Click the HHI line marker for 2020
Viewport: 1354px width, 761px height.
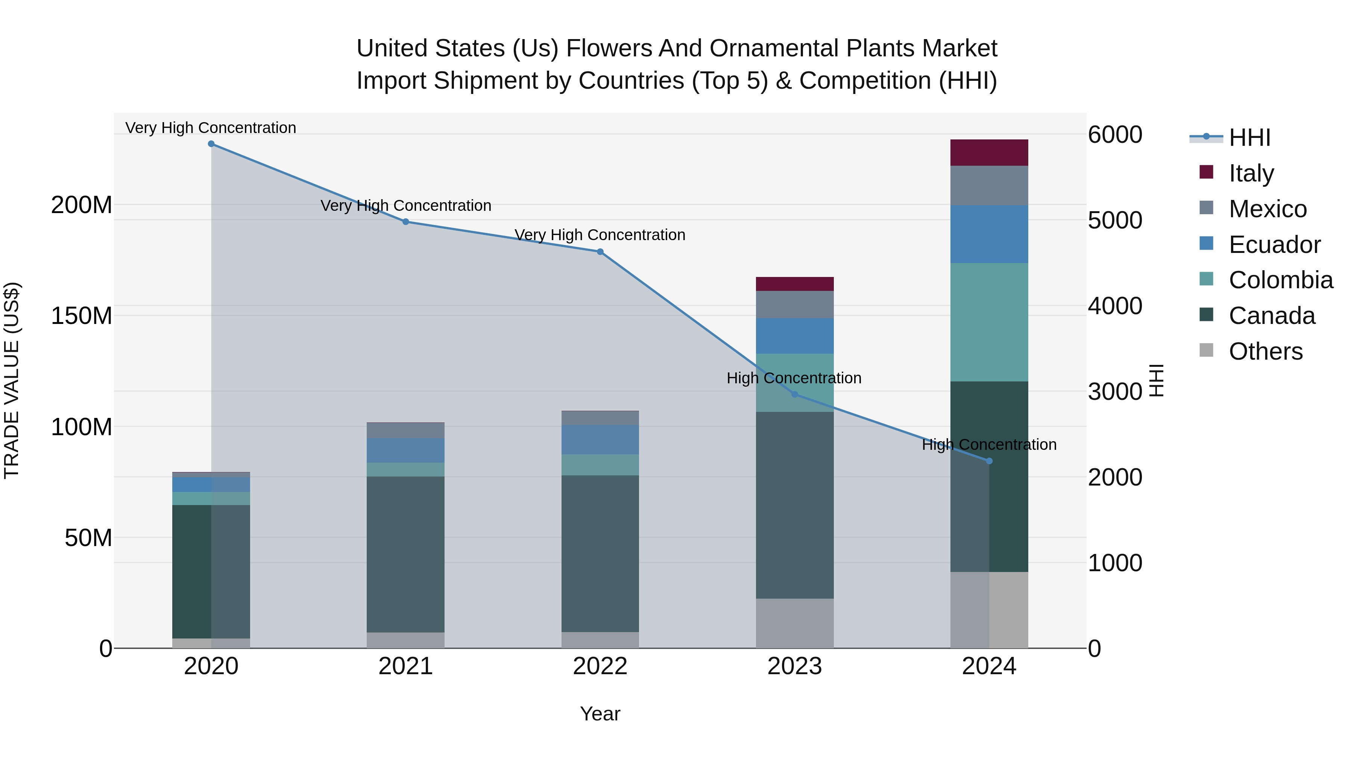click(x=211, y=144)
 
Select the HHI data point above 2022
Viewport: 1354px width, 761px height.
click(x=600, y=251)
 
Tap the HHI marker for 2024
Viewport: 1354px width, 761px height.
click(x=989, y=461)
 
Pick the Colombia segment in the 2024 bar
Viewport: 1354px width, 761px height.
click(x=989, y=322)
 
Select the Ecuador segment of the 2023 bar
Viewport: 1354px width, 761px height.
click(x=794, y=336)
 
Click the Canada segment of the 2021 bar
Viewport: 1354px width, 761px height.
click(x=405, y=554)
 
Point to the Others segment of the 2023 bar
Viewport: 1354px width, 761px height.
click(x=794, y=623)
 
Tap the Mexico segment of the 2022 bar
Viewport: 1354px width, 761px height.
click(x=600, y=418)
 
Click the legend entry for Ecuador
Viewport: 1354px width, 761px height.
click(x=1274, y=245)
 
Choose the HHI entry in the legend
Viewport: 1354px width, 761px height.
click(x=1249, y=138)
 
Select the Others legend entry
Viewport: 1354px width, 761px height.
click(x=1265, y=351)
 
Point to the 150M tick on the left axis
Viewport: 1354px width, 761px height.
click(x=82, y=316)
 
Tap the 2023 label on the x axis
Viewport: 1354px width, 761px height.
click(x=794, y=666)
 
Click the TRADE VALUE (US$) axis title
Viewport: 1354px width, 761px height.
click(x=12, y=380)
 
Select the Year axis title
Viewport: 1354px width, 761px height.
click(x=600, y=714)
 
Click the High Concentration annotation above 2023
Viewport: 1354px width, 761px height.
click(x=794, y=378)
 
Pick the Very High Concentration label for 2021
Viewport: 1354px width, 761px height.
click(x=406, y=205)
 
